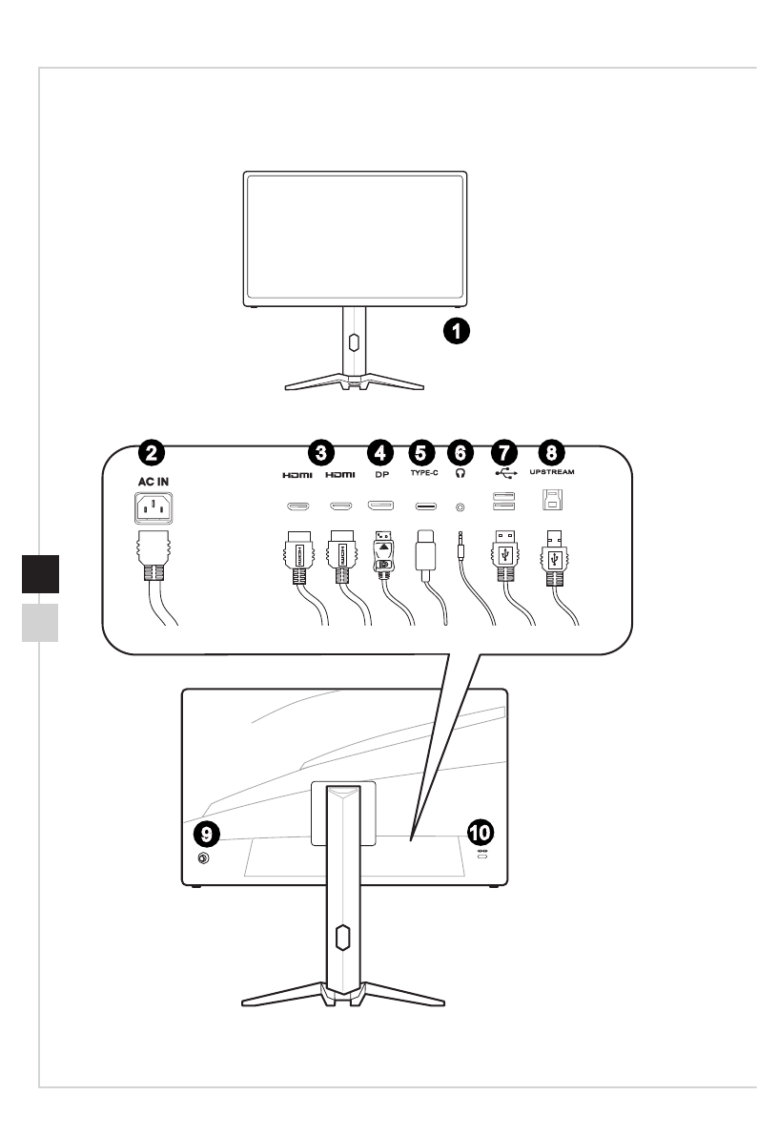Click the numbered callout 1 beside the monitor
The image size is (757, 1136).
[459, 332]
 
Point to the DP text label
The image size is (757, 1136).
[379, 473]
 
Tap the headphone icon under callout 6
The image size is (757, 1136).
[462, 473]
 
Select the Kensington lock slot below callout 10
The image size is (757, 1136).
[481, 859]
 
